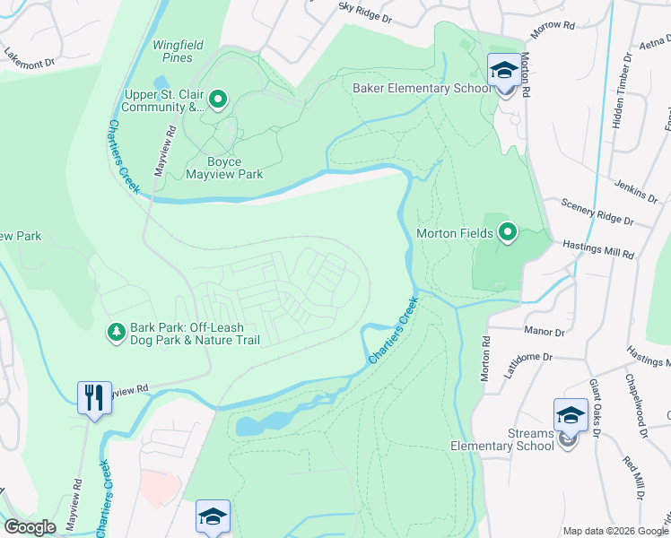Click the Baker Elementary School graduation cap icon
504,70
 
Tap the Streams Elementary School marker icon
571,415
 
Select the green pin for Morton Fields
508,233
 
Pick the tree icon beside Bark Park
116,333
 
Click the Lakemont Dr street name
30,57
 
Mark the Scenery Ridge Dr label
597,213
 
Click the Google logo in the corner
30,527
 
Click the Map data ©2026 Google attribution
615,530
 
